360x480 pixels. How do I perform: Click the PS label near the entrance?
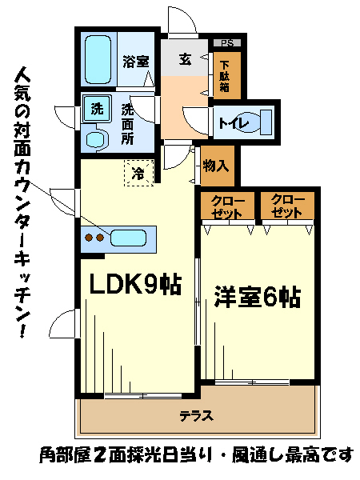227,43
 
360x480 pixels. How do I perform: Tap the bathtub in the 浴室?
98,60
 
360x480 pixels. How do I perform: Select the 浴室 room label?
136,62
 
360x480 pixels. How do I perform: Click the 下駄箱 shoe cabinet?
227,76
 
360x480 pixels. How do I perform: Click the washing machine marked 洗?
97,109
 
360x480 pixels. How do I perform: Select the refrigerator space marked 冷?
138,173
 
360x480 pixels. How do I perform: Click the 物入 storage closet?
217,166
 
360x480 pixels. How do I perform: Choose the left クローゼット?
227,206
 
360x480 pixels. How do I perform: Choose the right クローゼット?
287,206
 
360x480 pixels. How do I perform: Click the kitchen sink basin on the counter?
128,238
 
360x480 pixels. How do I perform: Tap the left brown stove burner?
89,238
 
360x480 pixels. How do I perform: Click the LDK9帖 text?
135,283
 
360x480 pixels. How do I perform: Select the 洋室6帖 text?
257,296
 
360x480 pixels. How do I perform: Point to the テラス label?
196,416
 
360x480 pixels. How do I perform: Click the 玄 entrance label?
186,60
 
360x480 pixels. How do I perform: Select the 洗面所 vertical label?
128,125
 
